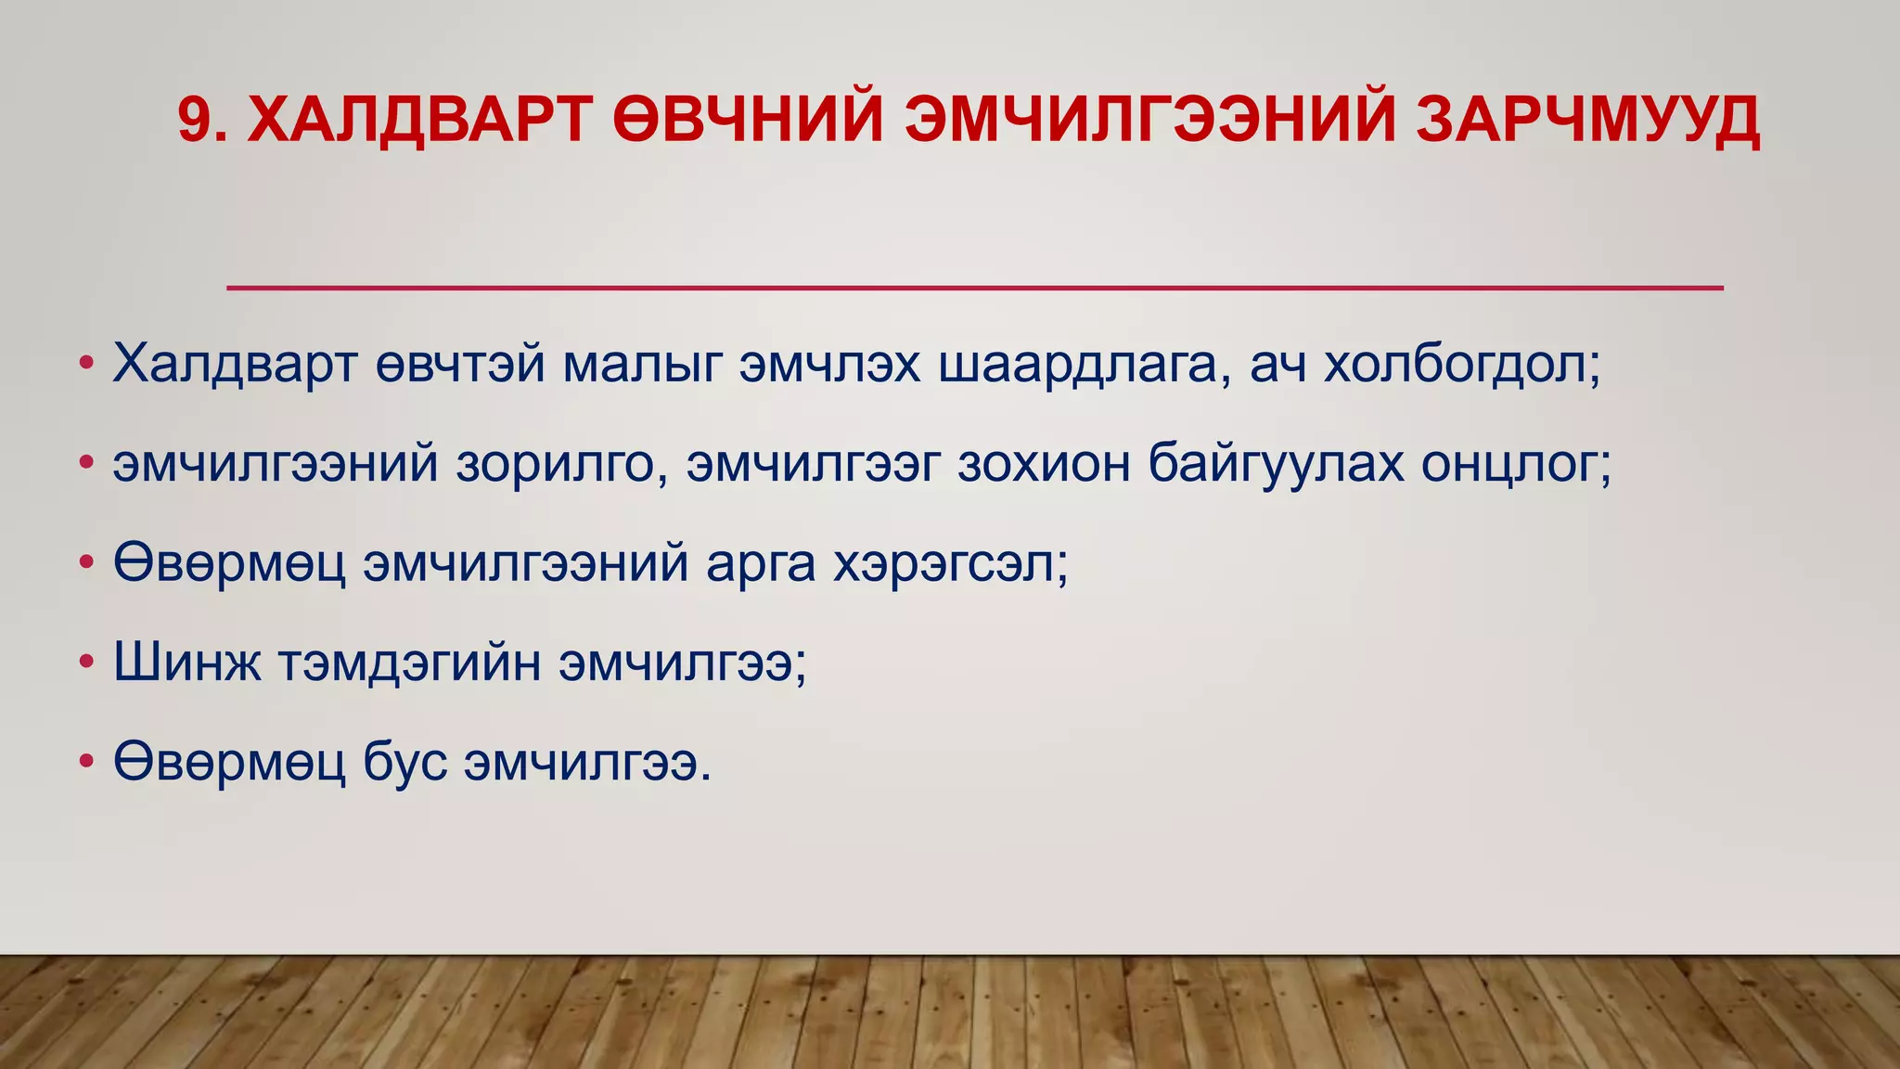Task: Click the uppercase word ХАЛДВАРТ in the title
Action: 419,120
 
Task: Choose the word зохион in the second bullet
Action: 1044,464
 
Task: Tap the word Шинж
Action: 187,663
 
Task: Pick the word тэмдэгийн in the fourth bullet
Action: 409,663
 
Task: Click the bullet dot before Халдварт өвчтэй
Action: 86,364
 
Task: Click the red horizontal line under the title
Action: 974,288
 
